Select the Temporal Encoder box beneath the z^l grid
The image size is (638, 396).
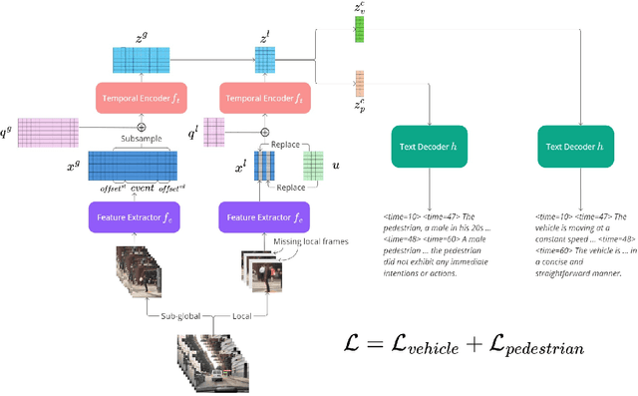[263, 98]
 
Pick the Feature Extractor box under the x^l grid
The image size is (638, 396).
[263, 216]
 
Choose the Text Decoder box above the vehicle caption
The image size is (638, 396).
[578, 147]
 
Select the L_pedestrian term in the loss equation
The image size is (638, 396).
[529, 346]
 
